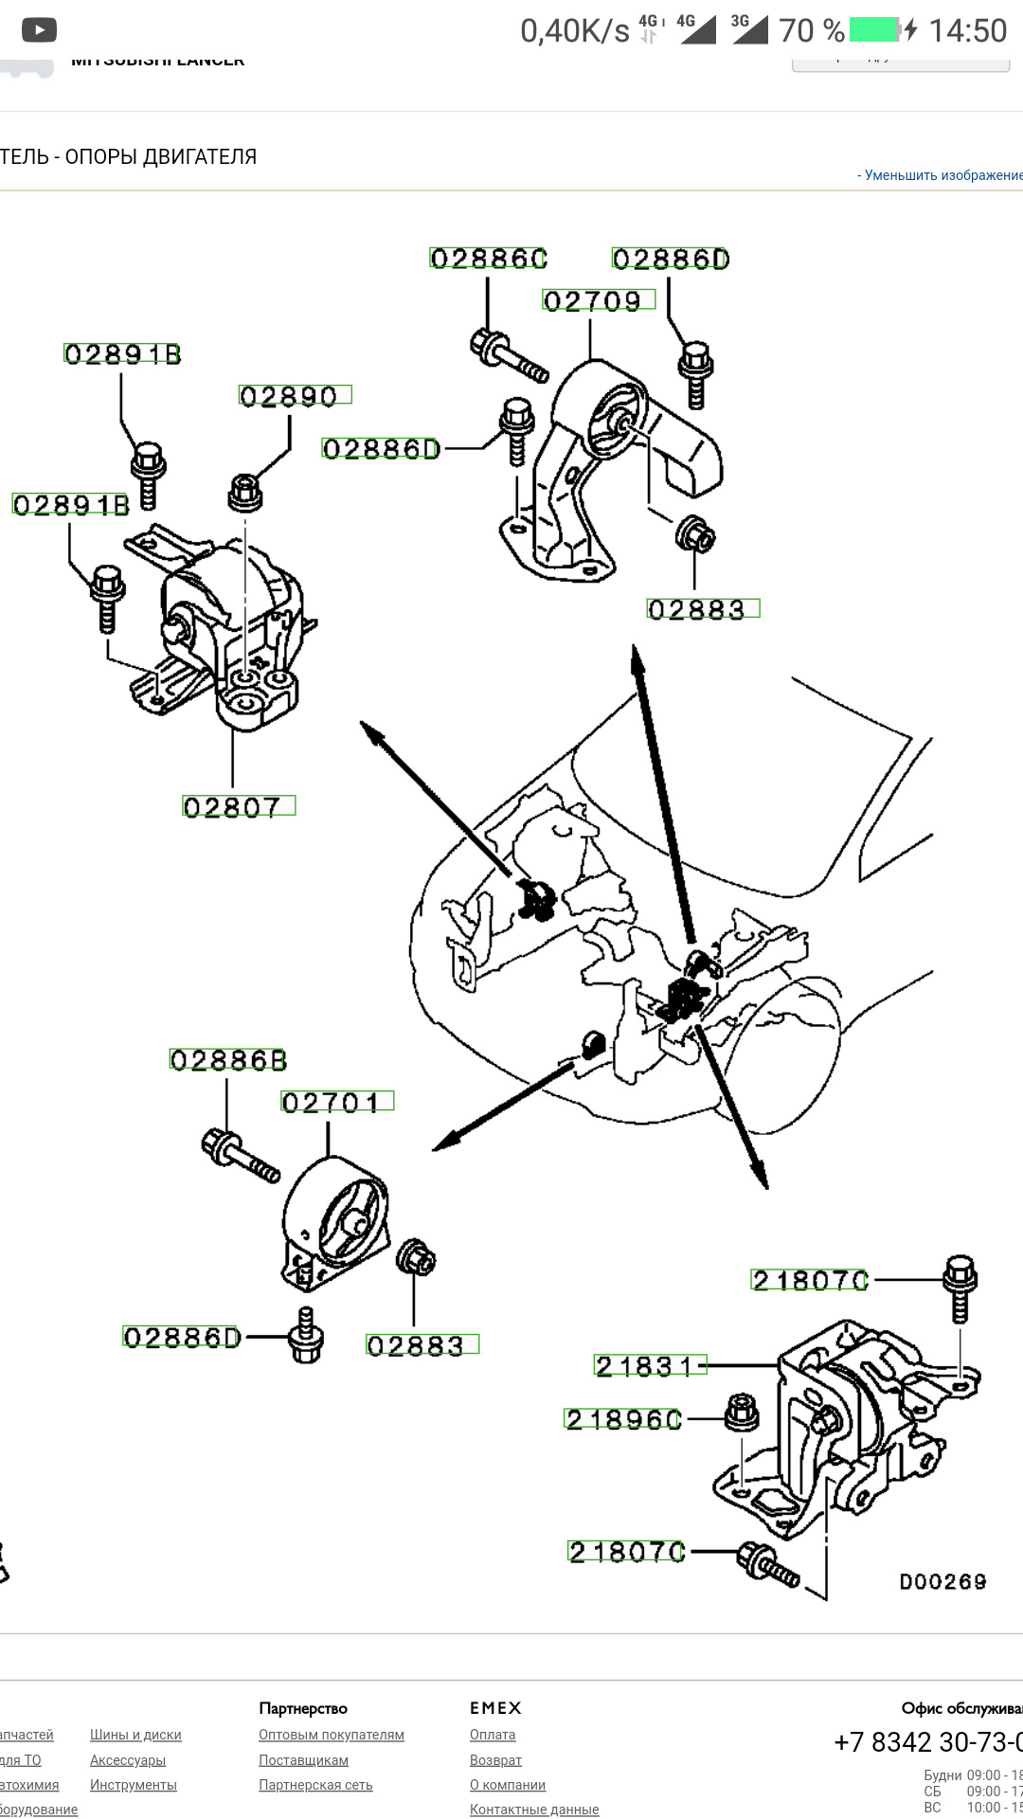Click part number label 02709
click(x=598, y=301)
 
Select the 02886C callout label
click(x=489, y=259)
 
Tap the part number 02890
click(x=294, y=396)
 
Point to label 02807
click(x=238, y=806)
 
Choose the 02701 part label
click(x=336, y=1102)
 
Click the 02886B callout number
click(x=227, y=1059)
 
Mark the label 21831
click(x=650, y=1365)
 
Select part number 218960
click(x=622, y=1419)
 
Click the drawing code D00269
click(x=942, y=1581)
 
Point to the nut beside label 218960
click(x=741, y=1413)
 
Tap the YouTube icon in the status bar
click(x=39, y=30)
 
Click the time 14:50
click(x=967, y=31)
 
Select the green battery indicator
click(x=872, y=30)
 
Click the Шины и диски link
click(x=135, y=1735)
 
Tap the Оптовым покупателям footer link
click(x=332, y=1735)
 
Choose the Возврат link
click(x=495, y=1760)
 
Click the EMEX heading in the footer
click(x=495, y=1708)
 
